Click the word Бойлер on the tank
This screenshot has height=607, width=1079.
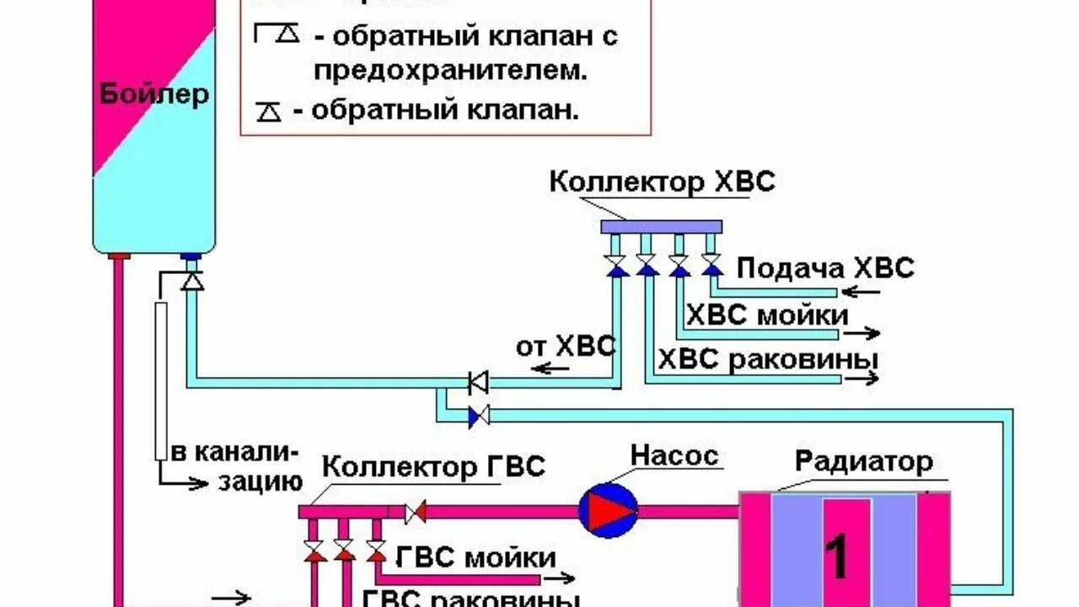click(x=154, y=94)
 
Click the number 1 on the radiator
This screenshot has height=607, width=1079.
click(x=836, y=556)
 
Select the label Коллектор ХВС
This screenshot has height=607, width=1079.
click(x=662, y=181)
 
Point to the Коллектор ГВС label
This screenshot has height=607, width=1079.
click(x=435, y=466)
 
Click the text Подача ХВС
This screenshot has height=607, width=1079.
click(x=825, y=269)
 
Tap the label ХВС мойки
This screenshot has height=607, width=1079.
click(x=767, y=315)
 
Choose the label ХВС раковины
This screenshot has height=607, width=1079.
click(x=768, y=359)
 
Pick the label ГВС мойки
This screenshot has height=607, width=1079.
click(x=475, y=557)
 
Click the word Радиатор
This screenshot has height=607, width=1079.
click(x=864, y=461)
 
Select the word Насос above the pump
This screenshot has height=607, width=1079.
click(x=675, y=456)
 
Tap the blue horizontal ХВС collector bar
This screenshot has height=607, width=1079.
click(x=662, y=226)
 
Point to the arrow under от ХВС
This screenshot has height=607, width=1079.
click(x=553, y=368)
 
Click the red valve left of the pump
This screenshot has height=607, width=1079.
click(x=416, y=511)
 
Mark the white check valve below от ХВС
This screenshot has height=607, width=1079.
click(x=479, y=382)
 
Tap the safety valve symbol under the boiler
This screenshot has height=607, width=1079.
click(x=193, y=281)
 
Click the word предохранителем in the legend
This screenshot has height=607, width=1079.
click(x=451, y=71)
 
